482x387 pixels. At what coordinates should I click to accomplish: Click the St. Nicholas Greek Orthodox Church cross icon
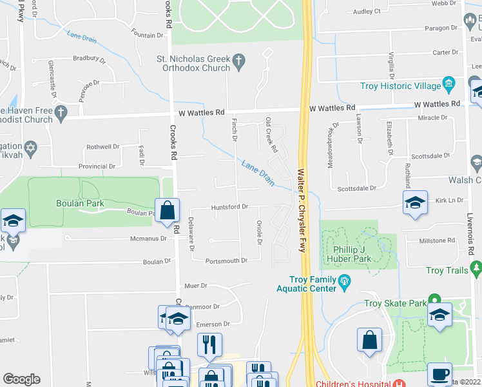[x=239, y=62]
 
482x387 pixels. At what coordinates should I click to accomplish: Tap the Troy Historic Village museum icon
[x=449, y=84]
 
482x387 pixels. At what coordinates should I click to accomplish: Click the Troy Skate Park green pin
[x=435, y=299]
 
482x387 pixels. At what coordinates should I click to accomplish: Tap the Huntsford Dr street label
[x=229, y=207]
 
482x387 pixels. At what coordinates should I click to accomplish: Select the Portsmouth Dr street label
[x=226, y=261]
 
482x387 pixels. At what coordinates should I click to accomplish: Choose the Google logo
[x=21, y=379]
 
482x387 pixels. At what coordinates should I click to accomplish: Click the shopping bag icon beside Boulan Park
[x=167, y=211]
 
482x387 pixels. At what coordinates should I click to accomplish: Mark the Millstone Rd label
[x=437, y=241]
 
